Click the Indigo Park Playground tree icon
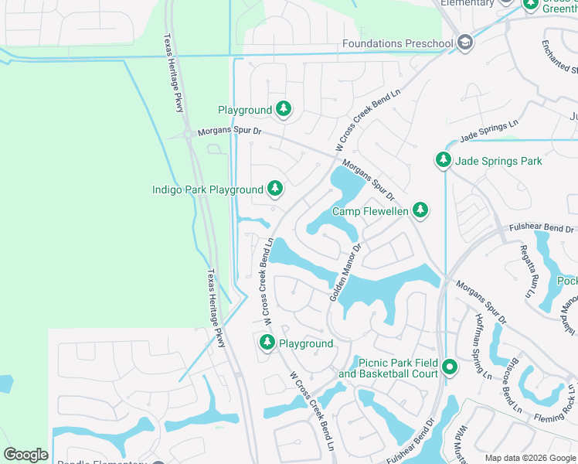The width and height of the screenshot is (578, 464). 274,189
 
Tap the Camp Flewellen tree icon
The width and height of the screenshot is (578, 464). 420,210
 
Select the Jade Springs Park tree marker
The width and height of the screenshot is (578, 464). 443,160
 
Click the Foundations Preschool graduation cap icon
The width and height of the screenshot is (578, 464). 464,43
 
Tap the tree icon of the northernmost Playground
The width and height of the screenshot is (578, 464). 284,110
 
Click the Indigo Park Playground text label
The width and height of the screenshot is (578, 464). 207,189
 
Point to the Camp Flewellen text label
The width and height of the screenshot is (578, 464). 369,211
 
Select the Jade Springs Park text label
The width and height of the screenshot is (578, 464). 499,161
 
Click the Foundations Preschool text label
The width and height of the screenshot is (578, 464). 397,44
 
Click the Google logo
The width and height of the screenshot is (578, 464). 25,454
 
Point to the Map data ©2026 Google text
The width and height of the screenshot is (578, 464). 529,458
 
